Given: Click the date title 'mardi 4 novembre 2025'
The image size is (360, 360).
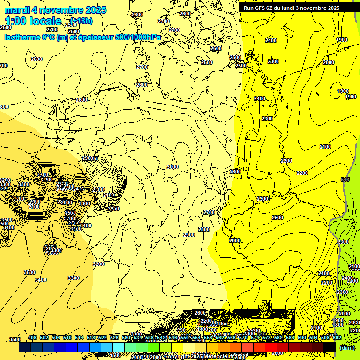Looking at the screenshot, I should coord(55,10).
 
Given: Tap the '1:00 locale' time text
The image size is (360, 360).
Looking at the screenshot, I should coord(33,21).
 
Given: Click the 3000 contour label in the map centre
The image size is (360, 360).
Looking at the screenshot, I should coord(172,167).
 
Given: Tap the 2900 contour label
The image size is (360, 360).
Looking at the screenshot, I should coord(189,235).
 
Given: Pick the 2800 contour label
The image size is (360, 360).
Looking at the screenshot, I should coord(204,229).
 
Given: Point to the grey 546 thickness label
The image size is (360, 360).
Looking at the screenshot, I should coord(345,180).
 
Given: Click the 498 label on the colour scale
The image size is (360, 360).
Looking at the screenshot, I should coord(32,337).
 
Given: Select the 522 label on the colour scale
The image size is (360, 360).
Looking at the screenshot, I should coord(102,337).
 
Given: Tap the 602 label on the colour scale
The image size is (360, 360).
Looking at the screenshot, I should coord(337,337).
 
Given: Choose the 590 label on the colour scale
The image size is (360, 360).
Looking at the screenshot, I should coord(301,337).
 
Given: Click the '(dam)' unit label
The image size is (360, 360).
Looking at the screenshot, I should coord(347,347).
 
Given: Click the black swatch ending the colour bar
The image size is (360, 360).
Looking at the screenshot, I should coord(330,347).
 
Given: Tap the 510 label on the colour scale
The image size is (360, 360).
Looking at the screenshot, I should coord(67,337).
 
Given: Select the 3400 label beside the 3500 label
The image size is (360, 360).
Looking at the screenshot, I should coord(41,280).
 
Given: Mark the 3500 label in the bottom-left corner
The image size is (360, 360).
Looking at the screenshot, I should coord(15,339).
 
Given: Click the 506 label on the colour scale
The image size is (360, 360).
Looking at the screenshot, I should coord(55,337).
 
